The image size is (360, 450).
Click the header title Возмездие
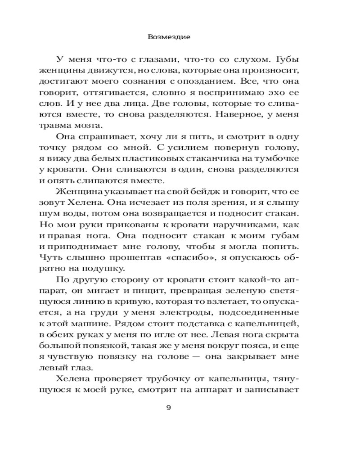pos(169,37)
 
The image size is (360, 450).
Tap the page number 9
pos(168,408)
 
